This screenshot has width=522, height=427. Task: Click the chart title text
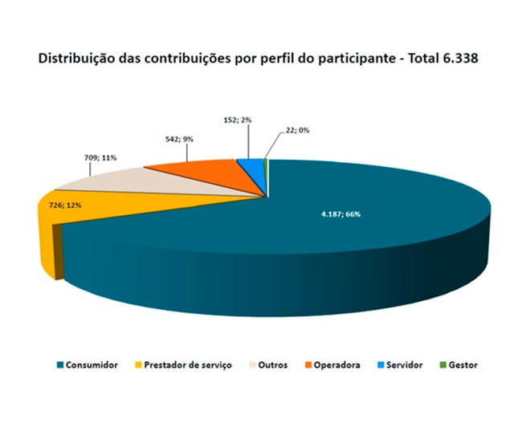point(259,59)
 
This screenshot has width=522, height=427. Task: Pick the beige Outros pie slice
point(140,181)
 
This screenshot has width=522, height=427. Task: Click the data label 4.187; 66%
point(341,214)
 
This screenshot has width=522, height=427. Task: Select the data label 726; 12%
point(65,205)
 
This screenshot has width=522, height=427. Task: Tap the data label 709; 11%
point(100,158)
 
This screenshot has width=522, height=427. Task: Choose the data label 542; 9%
point(179,139)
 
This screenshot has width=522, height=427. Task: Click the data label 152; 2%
point(238,120)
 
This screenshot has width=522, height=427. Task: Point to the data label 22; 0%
point(297,131)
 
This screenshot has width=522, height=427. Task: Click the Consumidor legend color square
point(60,365)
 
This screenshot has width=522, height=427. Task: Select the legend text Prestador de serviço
point(188,365)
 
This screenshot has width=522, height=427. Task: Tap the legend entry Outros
point(268,365)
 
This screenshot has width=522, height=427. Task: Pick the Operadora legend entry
point(332,365)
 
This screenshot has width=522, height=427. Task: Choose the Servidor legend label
point(404,365)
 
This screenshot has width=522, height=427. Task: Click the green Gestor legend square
point(442,365)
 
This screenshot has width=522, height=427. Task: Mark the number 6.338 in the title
point(461,59)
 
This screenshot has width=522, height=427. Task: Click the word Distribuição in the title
point(75,59)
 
